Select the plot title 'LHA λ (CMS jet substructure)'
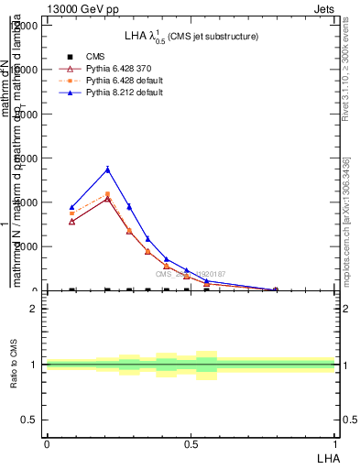pos(191,36)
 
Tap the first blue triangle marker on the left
pos(72,207)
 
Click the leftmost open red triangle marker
pos(72,222)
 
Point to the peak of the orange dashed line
pos(108,194)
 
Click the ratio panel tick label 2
pos(36,309)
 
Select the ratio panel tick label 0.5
pos(32,420)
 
